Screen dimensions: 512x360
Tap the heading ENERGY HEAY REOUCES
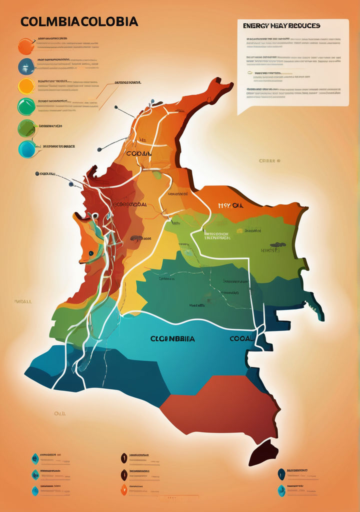coord(281,25)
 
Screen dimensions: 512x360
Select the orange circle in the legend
coord(26,46)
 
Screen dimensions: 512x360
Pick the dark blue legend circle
coord(26,66)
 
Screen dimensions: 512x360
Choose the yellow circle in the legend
coord(26,86)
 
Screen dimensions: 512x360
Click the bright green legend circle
coord(26,106)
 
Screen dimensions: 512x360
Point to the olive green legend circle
coord(26,128)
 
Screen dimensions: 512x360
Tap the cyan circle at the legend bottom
coord(27,149)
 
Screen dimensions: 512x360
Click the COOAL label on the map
coord(241,338)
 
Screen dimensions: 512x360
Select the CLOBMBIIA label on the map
coord(172,338)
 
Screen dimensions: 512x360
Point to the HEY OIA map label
coord(230,205)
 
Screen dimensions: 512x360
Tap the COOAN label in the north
coord(139,154)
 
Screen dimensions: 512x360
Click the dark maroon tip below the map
coord(263,453)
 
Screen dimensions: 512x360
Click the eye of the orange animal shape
coord(90,253)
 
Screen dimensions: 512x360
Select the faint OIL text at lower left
coord(60,413)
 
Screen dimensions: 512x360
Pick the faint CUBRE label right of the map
coord(269,161)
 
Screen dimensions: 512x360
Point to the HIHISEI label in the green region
coord(270,249)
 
